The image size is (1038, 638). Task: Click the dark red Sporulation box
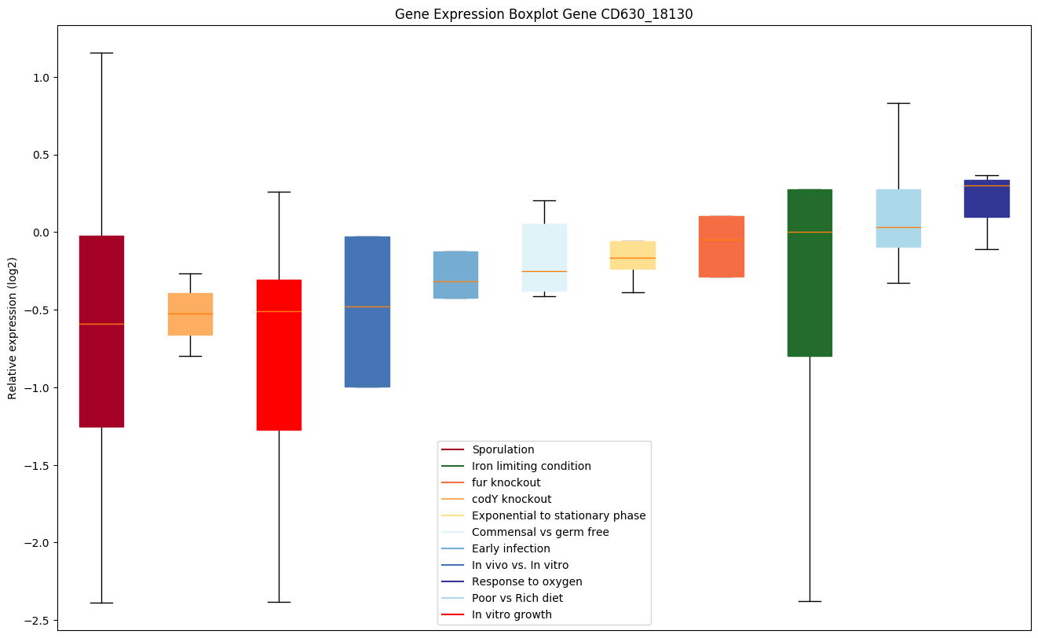click(101, 331)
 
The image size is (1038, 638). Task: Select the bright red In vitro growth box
click(279, 354)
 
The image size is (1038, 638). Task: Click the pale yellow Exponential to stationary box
click(633, 255)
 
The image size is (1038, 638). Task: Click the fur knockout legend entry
click(506, 482)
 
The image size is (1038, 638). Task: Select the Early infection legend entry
click(510, 548)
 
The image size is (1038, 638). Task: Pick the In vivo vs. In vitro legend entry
click(520, 565)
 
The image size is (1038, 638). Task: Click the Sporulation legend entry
click(503, 449)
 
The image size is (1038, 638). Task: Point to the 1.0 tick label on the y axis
click(40, 78)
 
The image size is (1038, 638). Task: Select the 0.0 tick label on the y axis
click(40, 233)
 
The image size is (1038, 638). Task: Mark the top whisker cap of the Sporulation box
click(101, 53)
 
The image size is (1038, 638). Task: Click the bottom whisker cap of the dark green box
click(810, 601)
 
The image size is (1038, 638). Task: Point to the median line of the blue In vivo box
click(367, 306)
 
